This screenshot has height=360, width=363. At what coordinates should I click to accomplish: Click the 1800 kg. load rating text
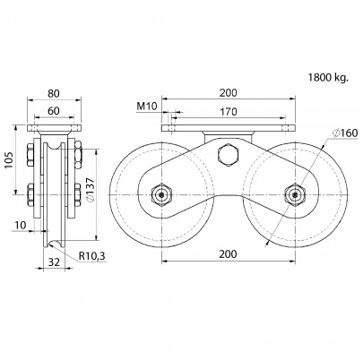click(x=328, y=78)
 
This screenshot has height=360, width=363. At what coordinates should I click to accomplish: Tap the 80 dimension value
click(x=54, y=93)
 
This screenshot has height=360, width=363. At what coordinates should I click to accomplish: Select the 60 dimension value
click(x=54, y=111)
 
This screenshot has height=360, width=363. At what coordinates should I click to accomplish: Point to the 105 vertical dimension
click(x=9, y=160)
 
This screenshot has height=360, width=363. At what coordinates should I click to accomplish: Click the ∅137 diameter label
click(x=91, y=191)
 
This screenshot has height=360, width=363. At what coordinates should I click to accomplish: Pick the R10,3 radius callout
click(x=92, y=256)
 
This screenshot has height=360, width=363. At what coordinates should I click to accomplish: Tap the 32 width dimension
click(x=54, y=261)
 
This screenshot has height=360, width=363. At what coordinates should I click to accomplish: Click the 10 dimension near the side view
click(x=20, y=225)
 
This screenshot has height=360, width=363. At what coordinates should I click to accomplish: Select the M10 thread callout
click(x=147, y=107)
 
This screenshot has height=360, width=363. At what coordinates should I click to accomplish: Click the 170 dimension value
click(x=228, y=112)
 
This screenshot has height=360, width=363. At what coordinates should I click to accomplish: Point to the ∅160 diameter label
click(x=345, y=133)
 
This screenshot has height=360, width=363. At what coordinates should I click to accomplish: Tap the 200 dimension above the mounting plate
click(x=228, y=93)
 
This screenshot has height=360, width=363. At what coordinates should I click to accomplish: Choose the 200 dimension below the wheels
click(x=228, y=254)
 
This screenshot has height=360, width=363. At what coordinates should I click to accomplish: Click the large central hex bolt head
click(x=229, y=154)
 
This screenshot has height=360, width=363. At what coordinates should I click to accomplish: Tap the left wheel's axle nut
click(x=161, y=195)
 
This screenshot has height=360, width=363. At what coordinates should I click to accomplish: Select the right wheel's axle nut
click(x=295, y=195)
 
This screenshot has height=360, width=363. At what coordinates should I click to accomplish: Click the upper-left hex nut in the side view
click(x=30, y=155)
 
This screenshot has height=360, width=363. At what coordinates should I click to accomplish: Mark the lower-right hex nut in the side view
click(x=77, y=195)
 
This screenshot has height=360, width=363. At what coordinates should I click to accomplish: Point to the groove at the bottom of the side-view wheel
click(x=54, y=244)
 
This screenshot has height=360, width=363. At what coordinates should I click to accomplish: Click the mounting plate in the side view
click(x=54, y=128)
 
